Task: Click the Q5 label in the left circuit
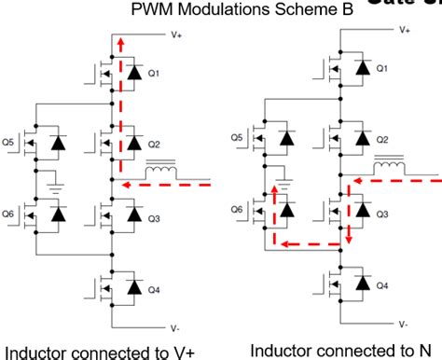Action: point(8,143)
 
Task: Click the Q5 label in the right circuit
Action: point(238,138)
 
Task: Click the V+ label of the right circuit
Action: point(405,30)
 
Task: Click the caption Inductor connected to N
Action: point(341,350)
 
